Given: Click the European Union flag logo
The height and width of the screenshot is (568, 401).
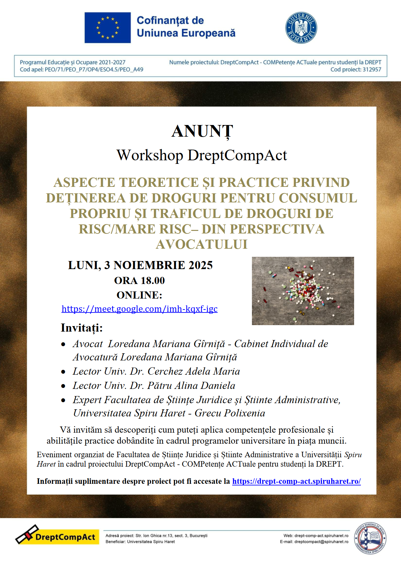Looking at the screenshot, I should (108, 28).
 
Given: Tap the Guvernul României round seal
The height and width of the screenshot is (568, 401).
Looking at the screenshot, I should (301, 28).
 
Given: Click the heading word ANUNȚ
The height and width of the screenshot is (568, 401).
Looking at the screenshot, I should (202, 131).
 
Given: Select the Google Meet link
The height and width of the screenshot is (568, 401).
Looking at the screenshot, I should (139, 309).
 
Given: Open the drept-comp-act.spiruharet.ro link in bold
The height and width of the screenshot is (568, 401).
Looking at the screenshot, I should (296, 481).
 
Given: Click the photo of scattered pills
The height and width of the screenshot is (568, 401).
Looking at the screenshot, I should (303, 291).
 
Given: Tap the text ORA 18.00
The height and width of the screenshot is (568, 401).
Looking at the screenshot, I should (139, 280).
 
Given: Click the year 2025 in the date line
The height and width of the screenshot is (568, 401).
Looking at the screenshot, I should (200, 265).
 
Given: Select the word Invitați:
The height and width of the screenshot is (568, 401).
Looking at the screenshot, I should (81, 328).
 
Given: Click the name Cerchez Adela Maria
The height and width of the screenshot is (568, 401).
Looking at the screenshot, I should (194, 371).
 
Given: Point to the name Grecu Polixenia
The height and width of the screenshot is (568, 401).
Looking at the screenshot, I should (230, 413).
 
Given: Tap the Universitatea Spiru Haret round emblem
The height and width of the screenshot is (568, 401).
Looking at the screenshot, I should (370, 538).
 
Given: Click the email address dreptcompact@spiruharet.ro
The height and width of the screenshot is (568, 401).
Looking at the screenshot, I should (321, 542).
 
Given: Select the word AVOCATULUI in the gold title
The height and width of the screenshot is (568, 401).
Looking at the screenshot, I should (202, 244).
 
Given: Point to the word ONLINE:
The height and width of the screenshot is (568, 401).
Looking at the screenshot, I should (139, 295).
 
